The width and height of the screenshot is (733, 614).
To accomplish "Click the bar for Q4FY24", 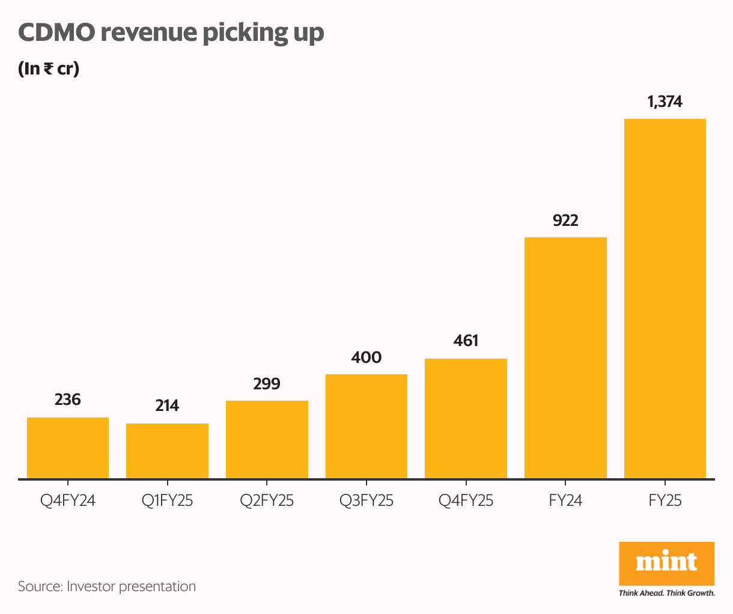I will pyautogui.click(x=68, y=448).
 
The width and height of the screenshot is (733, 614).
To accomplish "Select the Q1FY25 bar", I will pyautogui.click(x=167, y=451).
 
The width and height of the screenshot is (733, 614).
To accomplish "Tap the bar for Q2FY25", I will pyautogui.click(x=267, y=439).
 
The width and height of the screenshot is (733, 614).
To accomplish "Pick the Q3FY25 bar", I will pyautogui.click(x=366, y=426).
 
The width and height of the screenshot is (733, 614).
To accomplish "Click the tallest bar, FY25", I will pyautogui.click(x=665, y=299).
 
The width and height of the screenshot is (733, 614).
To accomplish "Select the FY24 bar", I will pyautogui.click(x=565, y=357).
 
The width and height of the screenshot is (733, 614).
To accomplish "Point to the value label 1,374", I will pyautogui.click(x=665, y=102).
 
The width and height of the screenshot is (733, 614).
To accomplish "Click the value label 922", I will pyautogui.click(x=565, y=220).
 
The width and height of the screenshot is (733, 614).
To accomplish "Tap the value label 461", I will pyautogui.click(x=466, y=341).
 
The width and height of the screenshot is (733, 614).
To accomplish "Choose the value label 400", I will pyautogui.click(x=366, y=357).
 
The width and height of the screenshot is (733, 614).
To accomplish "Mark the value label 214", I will pyautogui.click(x=167, y=406).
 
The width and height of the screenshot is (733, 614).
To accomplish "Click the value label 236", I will pyautogui.click(x=68, y=400).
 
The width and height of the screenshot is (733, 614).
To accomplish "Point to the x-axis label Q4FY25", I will pyautogui.click(x=466, y=500).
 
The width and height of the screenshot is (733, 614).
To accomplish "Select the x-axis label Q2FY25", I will pyautogui.click(x=267, y=500).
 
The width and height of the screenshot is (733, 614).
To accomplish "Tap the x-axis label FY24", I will pyautogui.click(x=565, y=500).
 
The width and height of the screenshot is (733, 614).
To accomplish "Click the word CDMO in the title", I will pyautogui.click(x=56, y=32).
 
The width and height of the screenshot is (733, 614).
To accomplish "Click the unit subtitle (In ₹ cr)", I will pyautogui.click(x=49, y=68).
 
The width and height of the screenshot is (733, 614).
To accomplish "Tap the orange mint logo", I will pyautogui.click(x=666, y=563).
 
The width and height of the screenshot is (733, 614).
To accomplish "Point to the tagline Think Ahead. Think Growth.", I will pyautogui.click(x=667, y=594).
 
